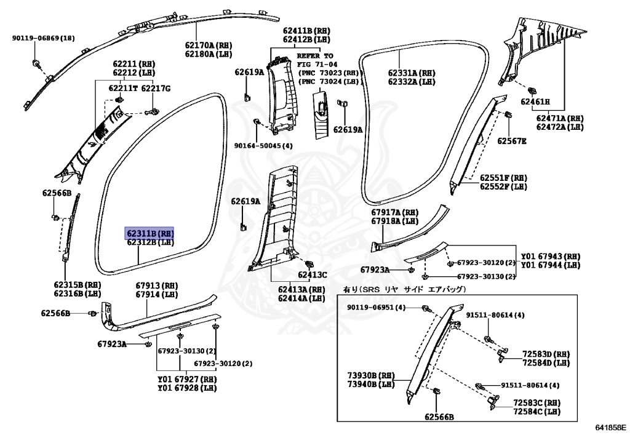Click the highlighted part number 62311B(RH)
[150, 234]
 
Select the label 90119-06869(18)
[43, 38]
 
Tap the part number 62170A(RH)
[209, 45]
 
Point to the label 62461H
[535, 102]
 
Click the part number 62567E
[512, 141]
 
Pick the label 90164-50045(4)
[263, 146]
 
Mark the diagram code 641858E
[610, 426]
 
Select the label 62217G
[156, 89]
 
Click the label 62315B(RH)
[77, 285]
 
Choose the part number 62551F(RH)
[503, 177]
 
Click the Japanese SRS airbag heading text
[404, 289]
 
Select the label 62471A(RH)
[559, 118]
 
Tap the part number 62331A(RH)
[412, 72]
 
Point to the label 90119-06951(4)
[377, 307]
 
